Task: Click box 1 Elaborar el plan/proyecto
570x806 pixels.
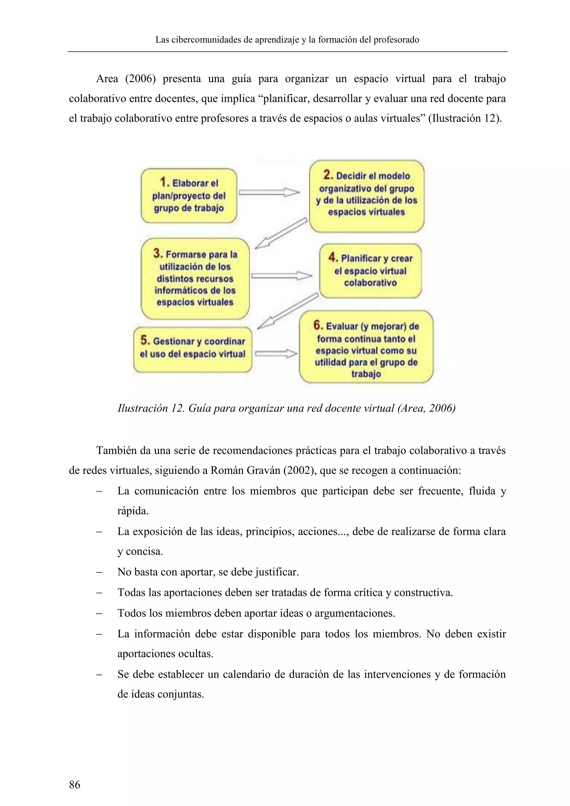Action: (189, 196)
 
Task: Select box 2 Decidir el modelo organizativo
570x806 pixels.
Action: (367, 196)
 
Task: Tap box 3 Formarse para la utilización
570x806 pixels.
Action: (195, 278)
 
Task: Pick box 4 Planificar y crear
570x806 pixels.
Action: (370, 271)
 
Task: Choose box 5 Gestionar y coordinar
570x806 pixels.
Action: (193, 349)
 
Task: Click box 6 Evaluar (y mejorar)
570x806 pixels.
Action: (366, 347)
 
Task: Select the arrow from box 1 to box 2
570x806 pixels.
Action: (269, 192)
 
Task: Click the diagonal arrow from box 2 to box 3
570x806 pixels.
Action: (281, 234)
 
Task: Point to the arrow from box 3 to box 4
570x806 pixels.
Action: (281, 276)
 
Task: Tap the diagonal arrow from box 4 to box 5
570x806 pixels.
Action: (288, 311)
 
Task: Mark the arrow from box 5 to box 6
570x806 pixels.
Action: (276, 353)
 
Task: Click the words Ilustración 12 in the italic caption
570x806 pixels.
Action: (150, 408)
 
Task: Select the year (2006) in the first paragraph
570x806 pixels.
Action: (140, 79)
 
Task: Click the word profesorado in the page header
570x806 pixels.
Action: (396, 40)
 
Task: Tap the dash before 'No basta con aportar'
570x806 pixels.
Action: (99, 572)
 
